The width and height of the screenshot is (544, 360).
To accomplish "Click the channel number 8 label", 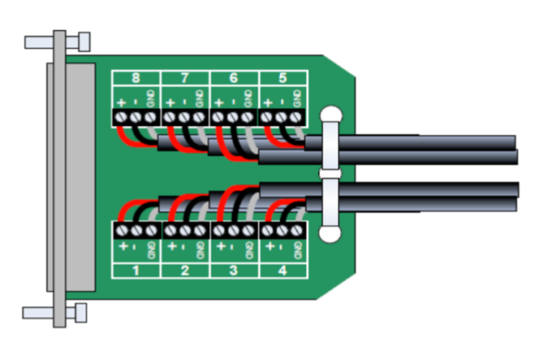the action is [136, 78].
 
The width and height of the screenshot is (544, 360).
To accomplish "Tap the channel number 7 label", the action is [185, 78].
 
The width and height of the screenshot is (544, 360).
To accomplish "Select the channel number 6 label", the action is [234, 78].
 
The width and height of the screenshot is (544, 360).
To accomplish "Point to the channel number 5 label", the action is [283, 78].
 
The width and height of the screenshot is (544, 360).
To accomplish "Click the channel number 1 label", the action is [136, 270].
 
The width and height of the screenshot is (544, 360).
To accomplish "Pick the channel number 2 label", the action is [185, 270].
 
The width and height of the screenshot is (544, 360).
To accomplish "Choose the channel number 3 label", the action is [234, 270].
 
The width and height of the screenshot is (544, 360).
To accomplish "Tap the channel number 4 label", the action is [283, 270].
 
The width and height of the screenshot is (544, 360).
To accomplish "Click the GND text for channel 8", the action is [151, 99].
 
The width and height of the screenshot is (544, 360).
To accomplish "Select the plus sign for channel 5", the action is [267, 102].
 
